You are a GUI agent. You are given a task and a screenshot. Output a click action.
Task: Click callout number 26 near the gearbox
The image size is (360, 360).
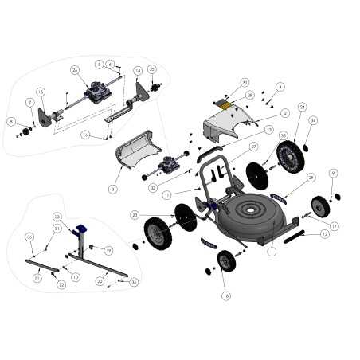click(75, 69)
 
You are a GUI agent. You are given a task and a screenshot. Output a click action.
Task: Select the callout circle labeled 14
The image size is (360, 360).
click(138, 70)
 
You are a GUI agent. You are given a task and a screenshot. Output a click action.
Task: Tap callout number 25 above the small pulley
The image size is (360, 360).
click(153, 68)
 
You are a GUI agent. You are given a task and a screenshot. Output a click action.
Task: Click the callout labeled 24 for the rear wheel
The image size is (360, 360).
click(302, 106)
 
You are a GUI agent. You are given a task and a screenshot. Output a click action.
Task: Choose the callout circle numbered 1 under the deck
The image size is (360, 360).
click(271, 252)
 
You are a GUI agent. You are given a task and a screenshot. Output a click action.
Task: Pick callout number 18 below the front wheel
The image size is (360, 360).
click(225, 295)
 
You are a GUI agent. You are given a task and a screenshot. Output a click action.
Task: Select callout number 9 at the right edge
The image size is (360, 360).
click(333, 173)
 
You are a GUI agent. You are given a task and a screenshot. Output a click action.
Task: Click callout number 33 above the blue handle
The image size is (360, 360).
click(57, 217)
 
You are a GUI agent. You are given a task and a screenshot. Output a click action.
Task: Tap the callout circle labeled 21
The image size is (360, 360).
click(37, 278)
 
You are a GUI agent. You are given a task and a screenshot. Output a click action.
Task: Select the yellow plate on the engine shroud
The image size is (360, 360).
click(227, 104)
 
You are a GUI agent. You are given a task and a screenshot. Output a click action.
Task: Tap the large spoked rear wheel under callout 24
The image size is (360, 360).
click(291, 156)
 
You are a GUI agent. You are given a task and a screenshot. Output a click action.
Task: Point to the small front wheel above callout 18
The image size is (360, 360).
click(226, 260)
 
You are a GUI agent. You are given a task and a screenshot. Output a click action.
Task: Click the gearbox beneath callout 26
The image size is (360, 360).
click(98, 92)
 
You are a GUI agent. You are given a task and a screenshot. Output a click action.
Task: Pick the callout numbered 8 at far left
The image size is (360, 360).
click(11, 122)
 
